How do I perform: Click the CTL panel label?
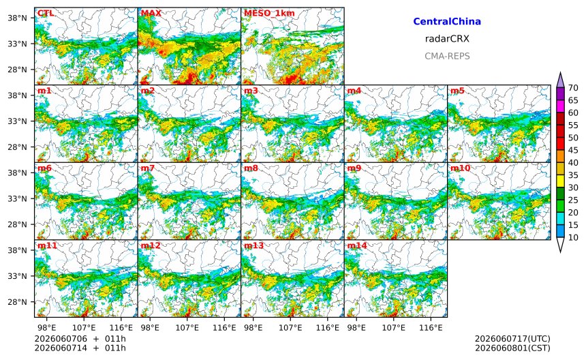click(x=46, y=13)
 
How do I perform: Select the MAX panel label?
click(x=151, y=13)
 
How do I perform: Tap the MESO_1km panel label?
click(x=269, y=14)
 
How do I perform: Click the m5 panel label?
click(x=457, y=91)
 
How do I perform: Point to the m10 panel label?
click(x=460, y=168)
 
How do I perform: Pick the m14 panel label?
click(x=357, y=245)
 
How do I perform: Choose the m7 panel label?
click(x=147, y=168)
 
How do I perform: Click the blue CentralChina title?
click(x=447, y=21)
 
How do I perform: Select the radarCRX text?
click(x=447, y=38)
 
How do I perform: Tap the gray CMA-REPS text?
click(x=447, y=56)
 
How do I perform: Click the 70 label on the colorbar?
click(x=573, y=88)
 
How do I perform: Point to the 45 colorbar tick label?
click(x=573, y=150)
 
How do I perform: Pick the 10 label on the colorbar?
click(x=573, y=237)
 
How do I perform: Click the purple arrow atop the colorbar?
click(x=560, y=80)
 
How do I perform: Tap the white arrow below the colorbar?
click(x=560, y=245)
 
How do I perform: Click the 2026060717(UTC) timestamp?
click(x=512, y=339)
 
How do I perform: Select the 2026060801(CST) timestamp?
click(x=512, y=348)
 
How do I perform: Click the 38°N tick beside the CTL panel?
click(x=17, y=18)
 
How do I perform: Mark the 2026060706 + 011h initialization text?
click(x=80, y=339)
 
